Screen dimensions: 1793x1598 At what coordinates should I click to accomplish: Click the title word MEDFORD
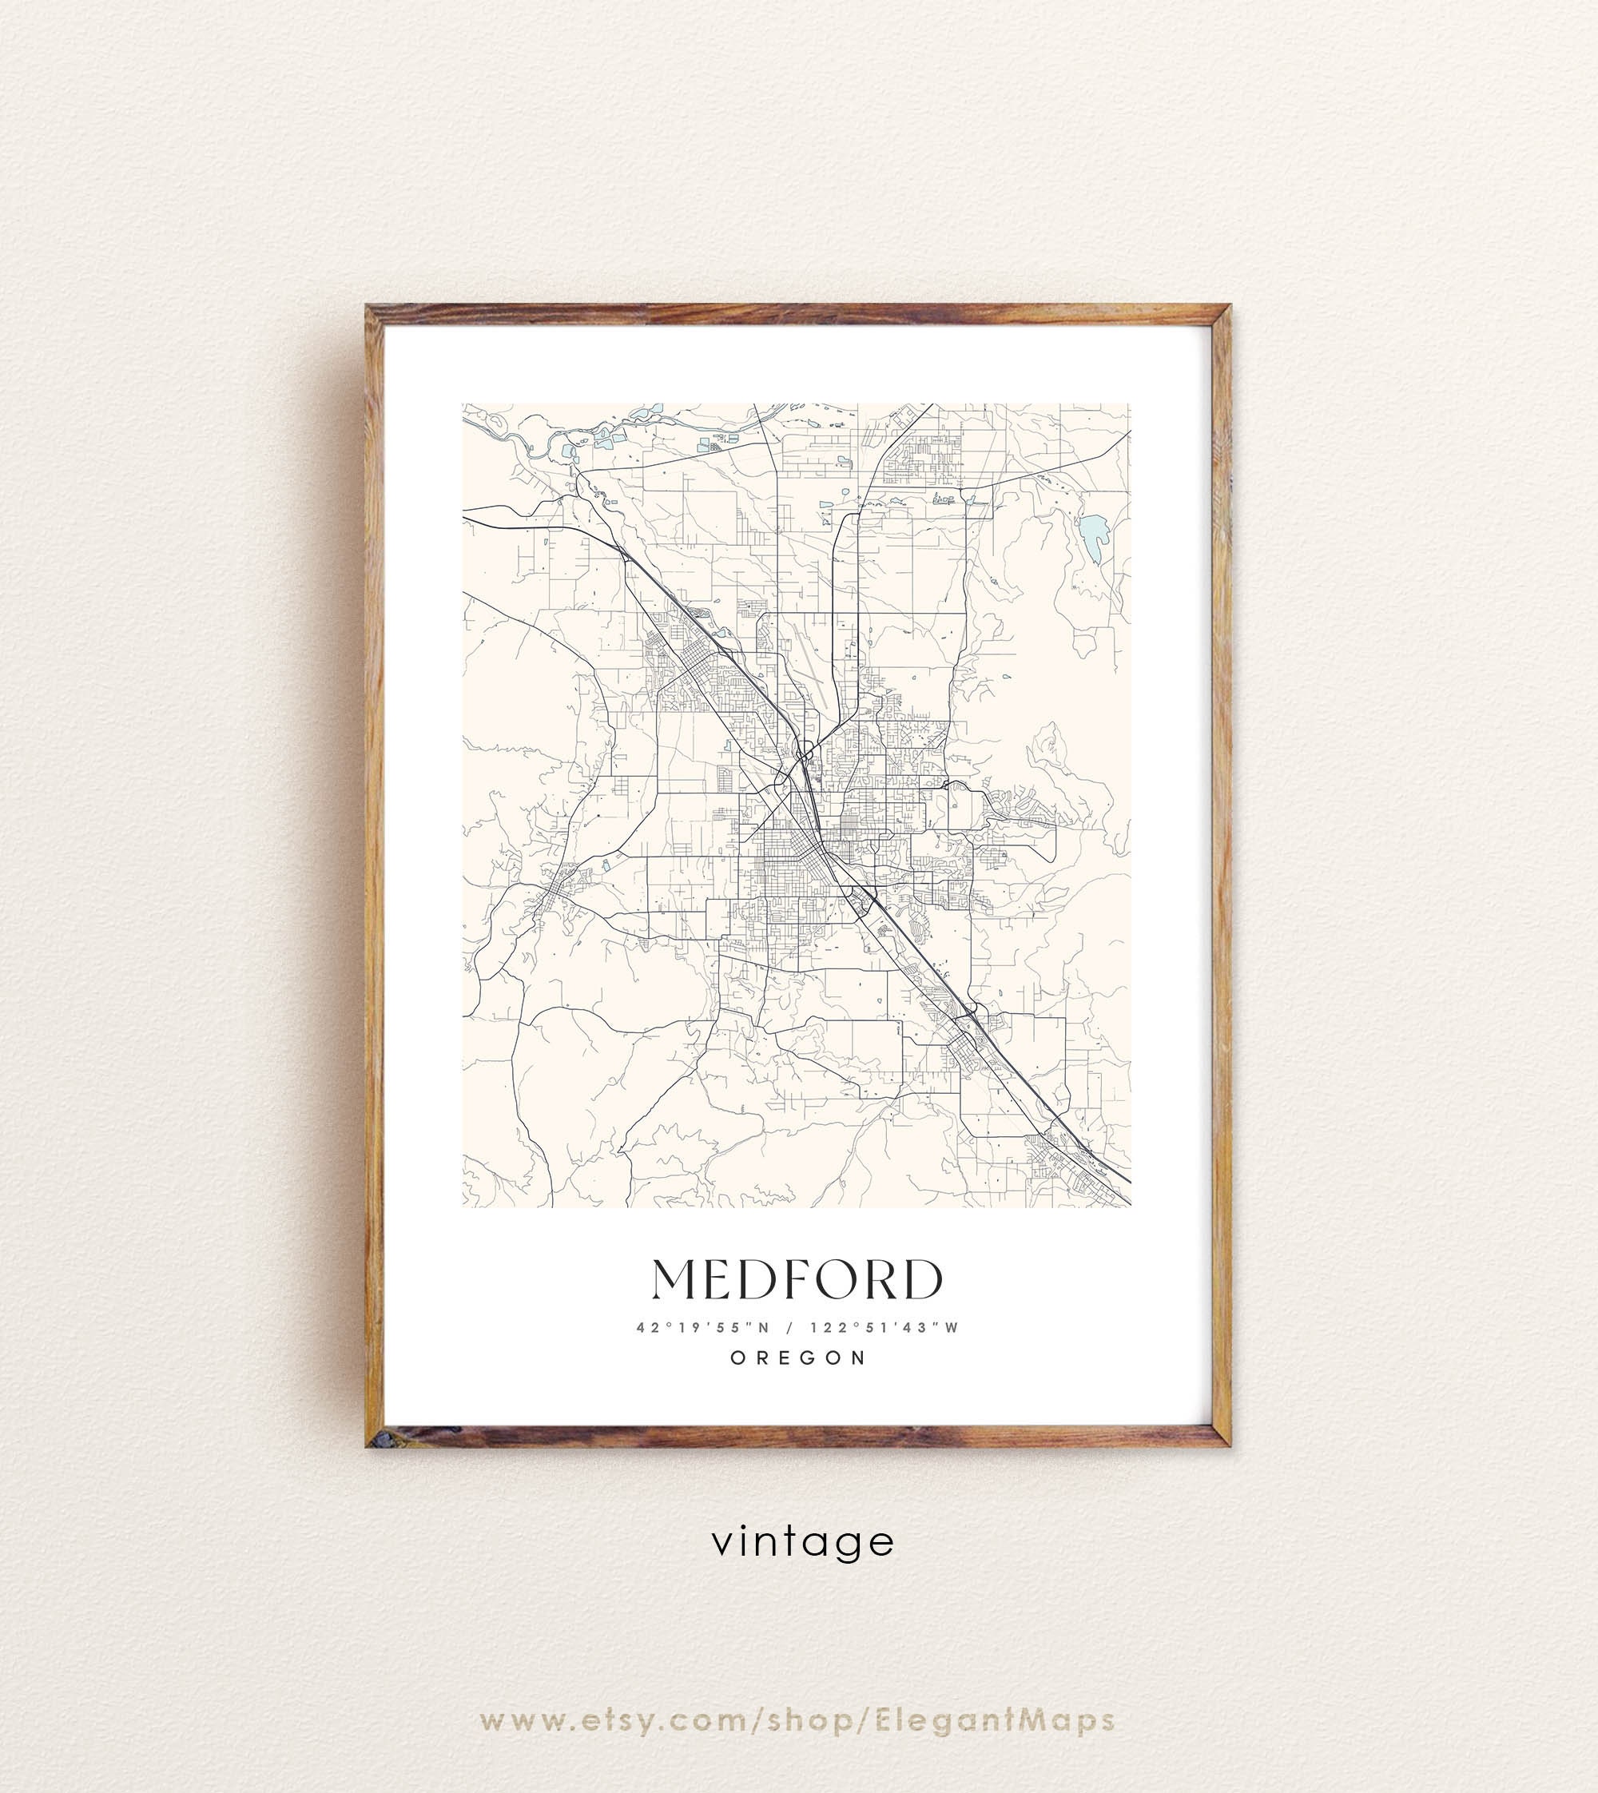click(797, 1279)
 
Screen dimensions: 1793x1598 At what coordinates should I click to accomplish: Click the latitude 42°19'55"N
click(703, 1328)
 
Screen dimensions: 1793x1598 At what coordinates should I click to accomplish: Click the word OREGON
click(799, 1358)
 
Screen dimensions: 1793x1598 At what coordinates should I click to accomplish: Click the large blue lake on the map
click(1094, 539)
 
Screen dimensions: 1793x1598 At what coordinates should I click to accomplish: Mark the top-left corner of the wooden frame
click(368, 308)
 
